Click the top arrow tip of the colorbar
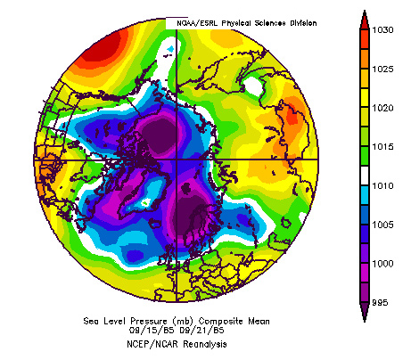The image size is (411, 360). click(x=365, y=12)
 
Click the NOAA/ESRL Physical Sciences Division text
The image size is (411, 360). click(x=242, y=22)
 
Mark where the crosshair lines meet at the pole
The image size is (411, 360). click(x=177, y=160)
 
